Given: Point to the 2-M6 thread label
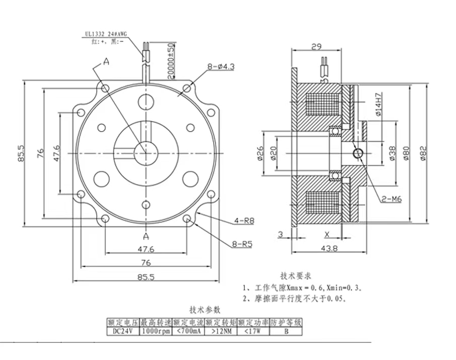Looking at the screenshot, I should [x=392, y=199].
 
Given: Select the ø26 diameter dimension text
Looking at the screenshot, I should [x=260, y=152].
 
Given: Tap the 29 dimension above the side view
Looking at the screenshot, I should [x=316, y=47].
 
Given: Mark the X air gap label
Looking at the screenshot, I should [x=327, y=234].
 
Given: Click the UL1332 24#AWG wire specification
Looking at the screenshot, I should [x=105, y=34].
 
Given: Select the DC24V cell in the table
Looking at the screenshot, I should [x=122, y=331].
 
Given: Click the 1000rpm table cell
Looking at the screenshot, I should [x=155, y=331].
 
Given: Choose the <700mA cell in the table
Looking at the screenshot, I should [x=188, y=331].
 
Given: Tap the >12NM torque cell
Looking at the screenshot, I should [x=221, y=331].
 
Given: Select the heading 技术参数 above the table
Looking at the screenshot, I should [x=205, y=310].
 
